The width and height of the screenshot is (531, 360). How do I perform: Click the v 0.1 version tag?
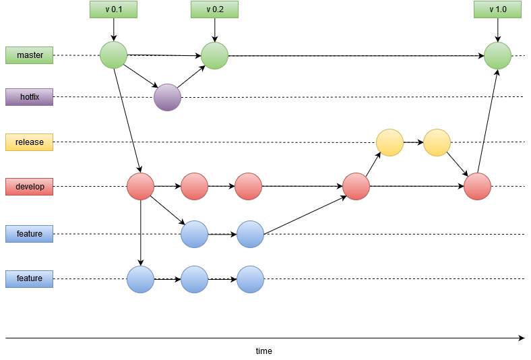click(113, 9)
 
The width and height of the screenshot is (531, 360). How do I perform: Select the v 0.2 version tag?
click(214, 9)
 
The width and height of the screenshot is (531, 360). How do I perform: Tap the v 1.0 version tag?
click(497, 9)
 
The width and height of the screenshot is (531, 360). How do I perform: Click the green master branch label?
click(29, 55)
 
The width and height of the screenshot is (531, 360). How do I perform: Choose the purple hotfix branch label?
click(29, 97)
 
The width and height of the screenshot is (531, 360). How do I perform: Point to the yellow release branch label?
click(29, 142)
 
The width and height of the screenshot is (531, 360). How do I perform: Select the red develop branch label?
click(29, 187)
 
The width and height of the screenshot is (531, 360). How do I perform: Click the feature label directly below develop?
click(29, 234)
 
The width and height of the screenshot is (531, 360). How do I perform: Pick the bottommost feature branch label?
click(29, 278)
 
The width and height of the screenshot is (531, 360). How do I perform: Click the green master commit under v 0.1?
click(113, 55)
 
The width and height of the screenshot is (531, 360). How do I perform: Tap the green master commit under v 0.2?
click(214, 55)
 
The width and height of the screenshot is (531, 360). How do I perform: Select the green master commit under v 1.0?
click(497, 55)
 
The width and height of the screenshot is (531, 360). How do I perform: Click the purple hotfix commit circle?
click(167, 97)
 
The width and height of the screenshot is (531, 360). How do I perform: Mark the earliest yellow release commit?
click(389, 143)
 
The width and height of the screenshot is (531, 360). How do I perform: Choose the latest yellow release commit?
click(437, 143)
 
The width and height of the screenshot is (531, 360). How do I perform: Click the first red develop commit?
click(140, 187)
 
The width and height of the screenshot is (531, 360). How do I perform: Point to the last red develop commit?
click(477, 187)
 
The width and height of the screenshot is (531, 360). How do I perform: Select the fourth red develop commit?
click(356, 187)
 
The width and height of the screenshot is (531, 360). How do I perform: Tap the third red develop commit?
click(248, 187)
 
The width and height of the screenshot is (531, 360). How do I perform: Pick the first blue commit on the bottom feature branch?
click(140, 279)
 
